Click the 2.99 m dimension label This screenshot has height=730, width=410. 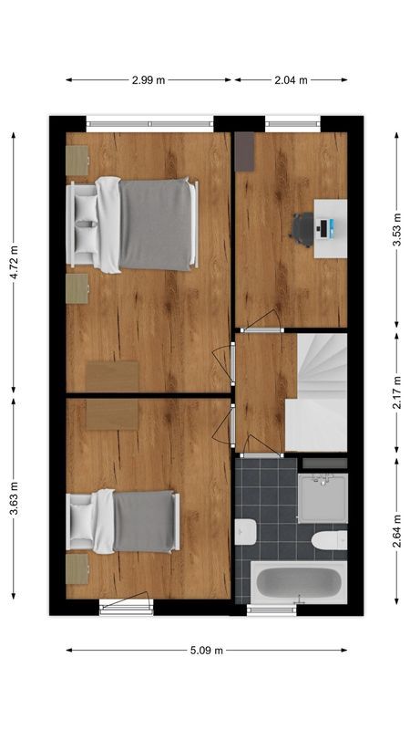coord(149,80)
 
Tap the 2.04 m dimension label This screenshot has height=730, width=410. coord(292,80)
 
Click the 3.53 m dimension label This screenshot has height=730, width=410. coord(396,230)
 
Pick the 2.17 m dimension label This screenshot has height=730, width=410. coord(396,392)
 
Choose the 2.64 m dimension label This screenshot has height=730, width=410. coord(396,531)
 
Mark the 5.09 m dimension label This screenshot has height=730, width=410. coord(207,651)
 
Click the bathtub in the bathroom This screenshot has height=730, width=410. coord(297,581)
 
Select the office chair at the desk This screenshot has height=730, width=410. coord(303,228)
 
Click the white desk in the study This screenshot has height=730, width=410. coord(330,228)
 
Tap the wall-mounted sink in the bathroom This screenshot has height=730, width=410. coord(244,530)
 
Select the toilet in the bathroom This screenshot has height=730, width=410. coord(329,540)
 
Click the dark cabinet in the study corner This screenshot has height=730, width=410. coord(244,151)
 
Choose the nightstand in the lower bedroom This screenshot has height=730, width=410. coord(77,568)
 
